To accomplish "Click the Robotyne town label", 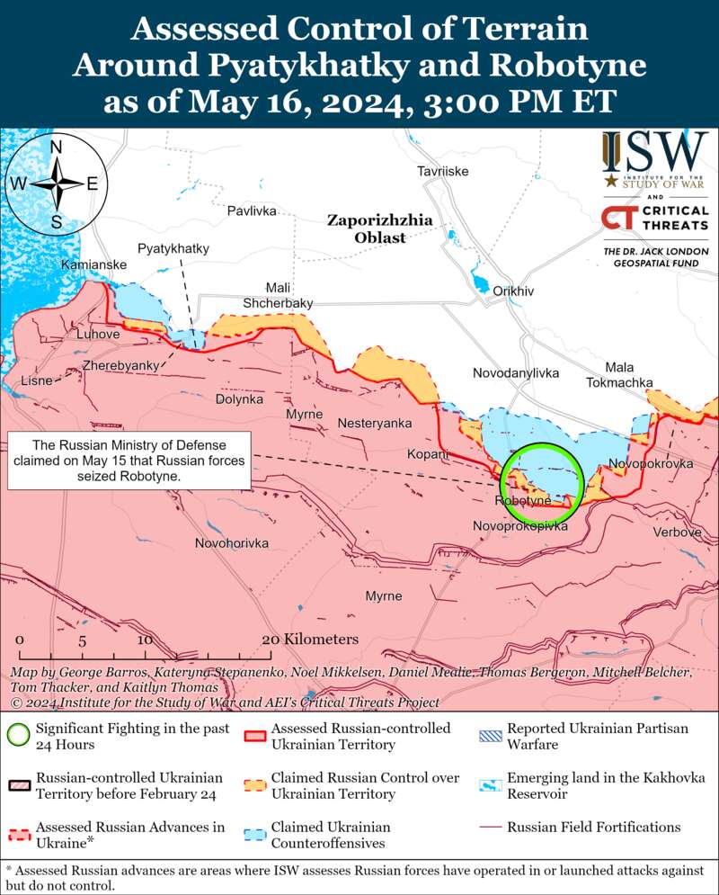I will click(522, 500).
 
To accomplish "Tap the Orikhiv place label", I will click(513, 291).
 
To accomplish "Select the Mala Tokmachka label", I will click(619, 375).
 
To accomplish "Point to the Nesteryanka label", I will click(375, 424).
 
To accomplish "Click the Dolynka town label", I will click(240, 398).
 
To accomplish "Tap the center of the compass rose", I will click(56, 183).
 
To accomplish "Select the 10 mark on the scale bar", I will click(144, 640).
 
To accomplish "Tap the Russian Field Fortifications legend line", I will click(491, 827).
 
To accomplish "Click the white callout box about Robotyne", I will click(129, 461).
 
